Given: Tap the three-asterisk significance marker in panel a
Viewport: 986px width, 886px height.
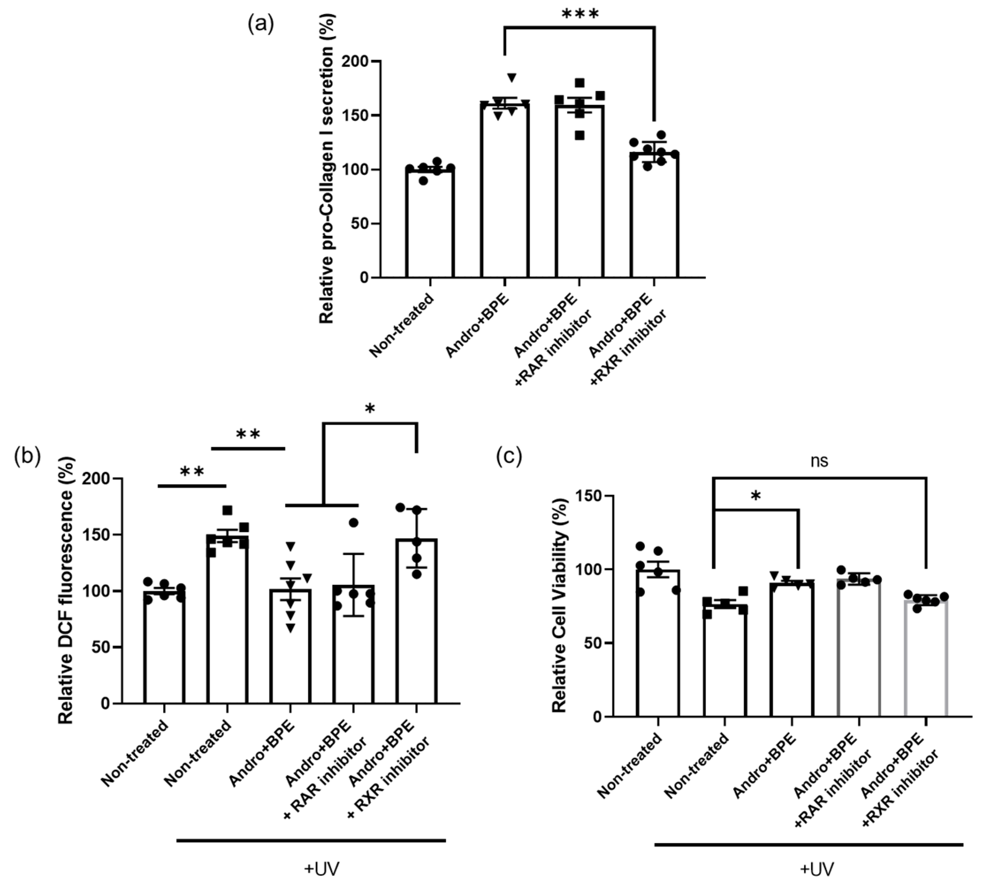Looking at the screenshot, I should pyautogui.click(x=580, y=14).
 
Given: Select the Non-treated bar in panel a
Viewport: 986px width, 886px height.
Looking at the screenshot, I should pyautogui.click(x=430, y=224).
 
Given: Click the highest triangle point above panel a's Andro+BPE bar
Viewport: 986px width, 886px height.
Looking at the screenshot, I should pyautogui.click(x=511, y=77).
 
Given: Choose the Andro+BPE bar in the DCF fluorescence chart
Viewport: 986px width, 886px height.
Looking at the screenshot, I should pyautogui.click(x=290, y=648).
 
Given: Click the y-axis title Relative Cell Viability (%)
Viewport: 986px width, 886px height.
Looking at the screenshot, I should pyautogui.click(x=560, y=606).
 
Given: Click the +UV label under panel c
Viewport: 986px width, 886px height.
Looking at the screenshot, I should pyautogui.click(x=816, y=869).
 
